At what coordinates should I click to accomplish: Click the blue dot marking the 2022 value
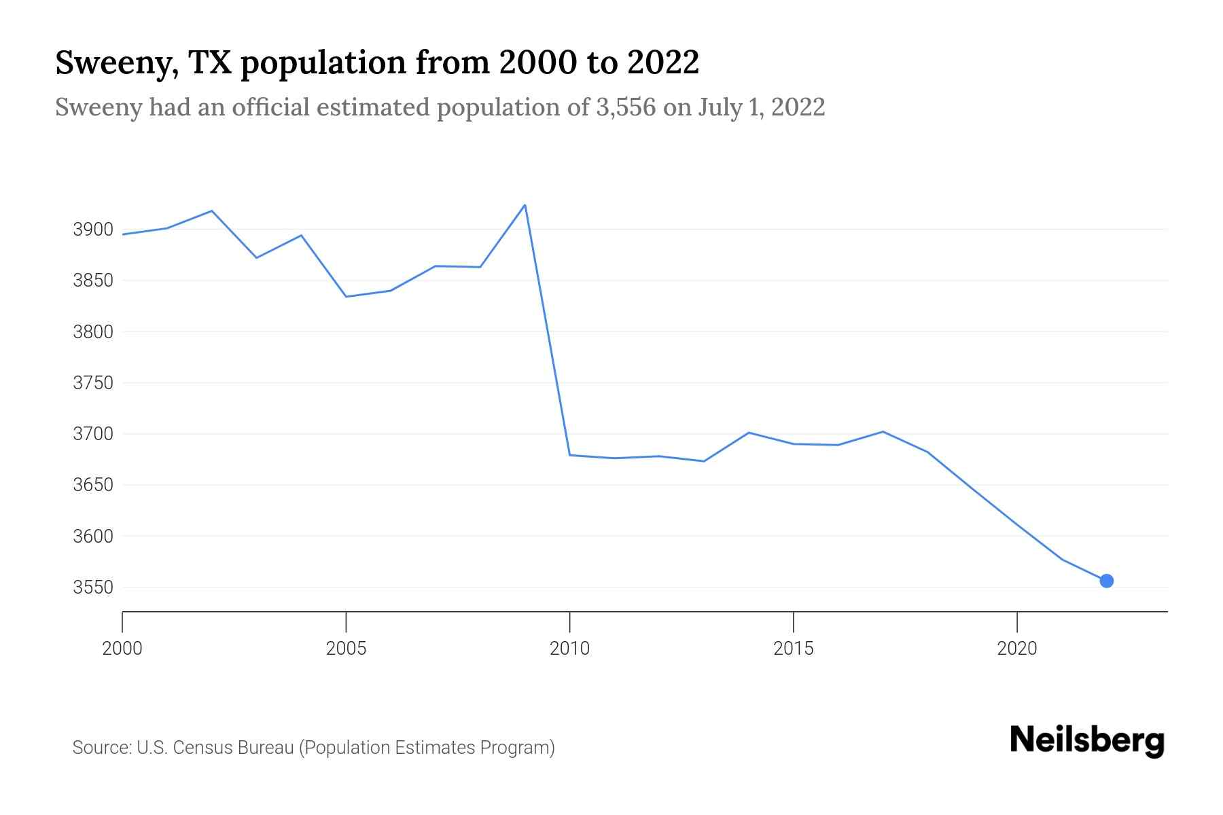pos(1106,581)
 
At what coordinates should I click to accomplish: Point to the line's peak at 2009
pos(525,205)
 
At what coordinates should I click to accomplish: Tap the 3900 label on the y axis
pos(93,230)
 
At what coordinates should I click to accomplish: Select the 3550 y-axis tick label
pos(93,587)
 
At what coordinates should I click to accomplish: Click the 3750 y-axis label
pos(93,383)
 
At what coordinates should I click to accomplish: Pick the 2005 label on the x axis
pos(346,649)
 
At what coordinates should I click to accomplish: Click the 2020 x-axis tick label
pos(1016,649)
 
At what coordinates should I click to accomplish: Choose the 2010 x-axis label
pos(569,649)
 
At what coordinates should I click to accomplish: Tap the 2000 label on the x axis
pos(122,649)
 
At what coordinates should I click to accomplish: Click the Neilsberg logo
pos(1087,740)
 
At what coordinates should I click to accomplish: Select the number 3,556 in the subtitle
pos(625,107)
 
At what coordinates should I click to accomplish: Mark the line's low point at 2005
pos(346,297)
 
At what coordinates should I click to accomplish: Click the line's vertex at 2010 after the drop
pos(569,455)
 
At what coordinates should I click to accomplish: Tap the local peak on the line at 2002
pos(212,211)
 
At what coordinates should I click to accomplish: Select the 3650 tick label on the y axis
pos(93,485)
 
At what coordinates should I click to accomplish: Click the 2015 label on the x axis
pos(793,649)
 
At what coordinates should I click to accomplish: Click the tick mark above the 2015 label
pos(793,621)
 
